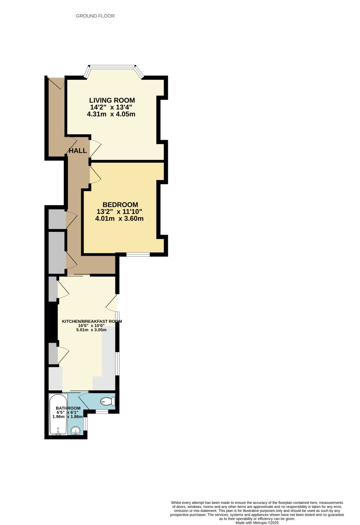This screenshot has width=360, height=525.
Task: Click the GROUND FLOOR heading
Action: [x=95, y=16]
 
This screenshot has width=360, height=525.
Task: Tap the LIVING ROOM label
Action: [x=112, y=100]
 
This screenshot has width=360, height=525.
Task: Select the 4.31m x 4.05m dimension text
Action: [x=111, y=114]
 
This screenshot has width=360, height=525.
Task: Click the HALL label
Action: [x=78, y=150]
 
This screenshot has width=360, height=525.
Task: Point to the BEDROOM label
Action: [x=120, y=205]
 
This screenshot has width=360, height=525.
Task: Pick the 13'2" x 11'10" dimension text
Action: [x=119, y=211]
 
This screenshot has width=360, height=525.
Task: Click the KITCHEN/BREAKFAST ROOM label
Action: [x=92, y=321]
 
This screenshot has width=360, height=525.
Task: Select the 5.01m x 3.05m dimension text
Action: [x=91, y=330]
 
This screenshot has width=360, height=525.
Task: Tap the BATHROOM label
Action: [x=68, y=408]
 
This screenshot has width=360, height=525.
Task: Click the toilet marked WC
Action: [x=108, y=401]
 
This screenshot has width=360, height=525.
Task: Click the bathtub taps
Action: [x=58, y=432]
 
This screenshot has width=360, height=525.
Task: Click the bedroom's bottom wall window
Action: [x=138, y=255]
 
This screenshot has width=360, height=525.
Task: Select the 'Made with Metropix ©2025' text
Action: [x=257, y=523]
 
